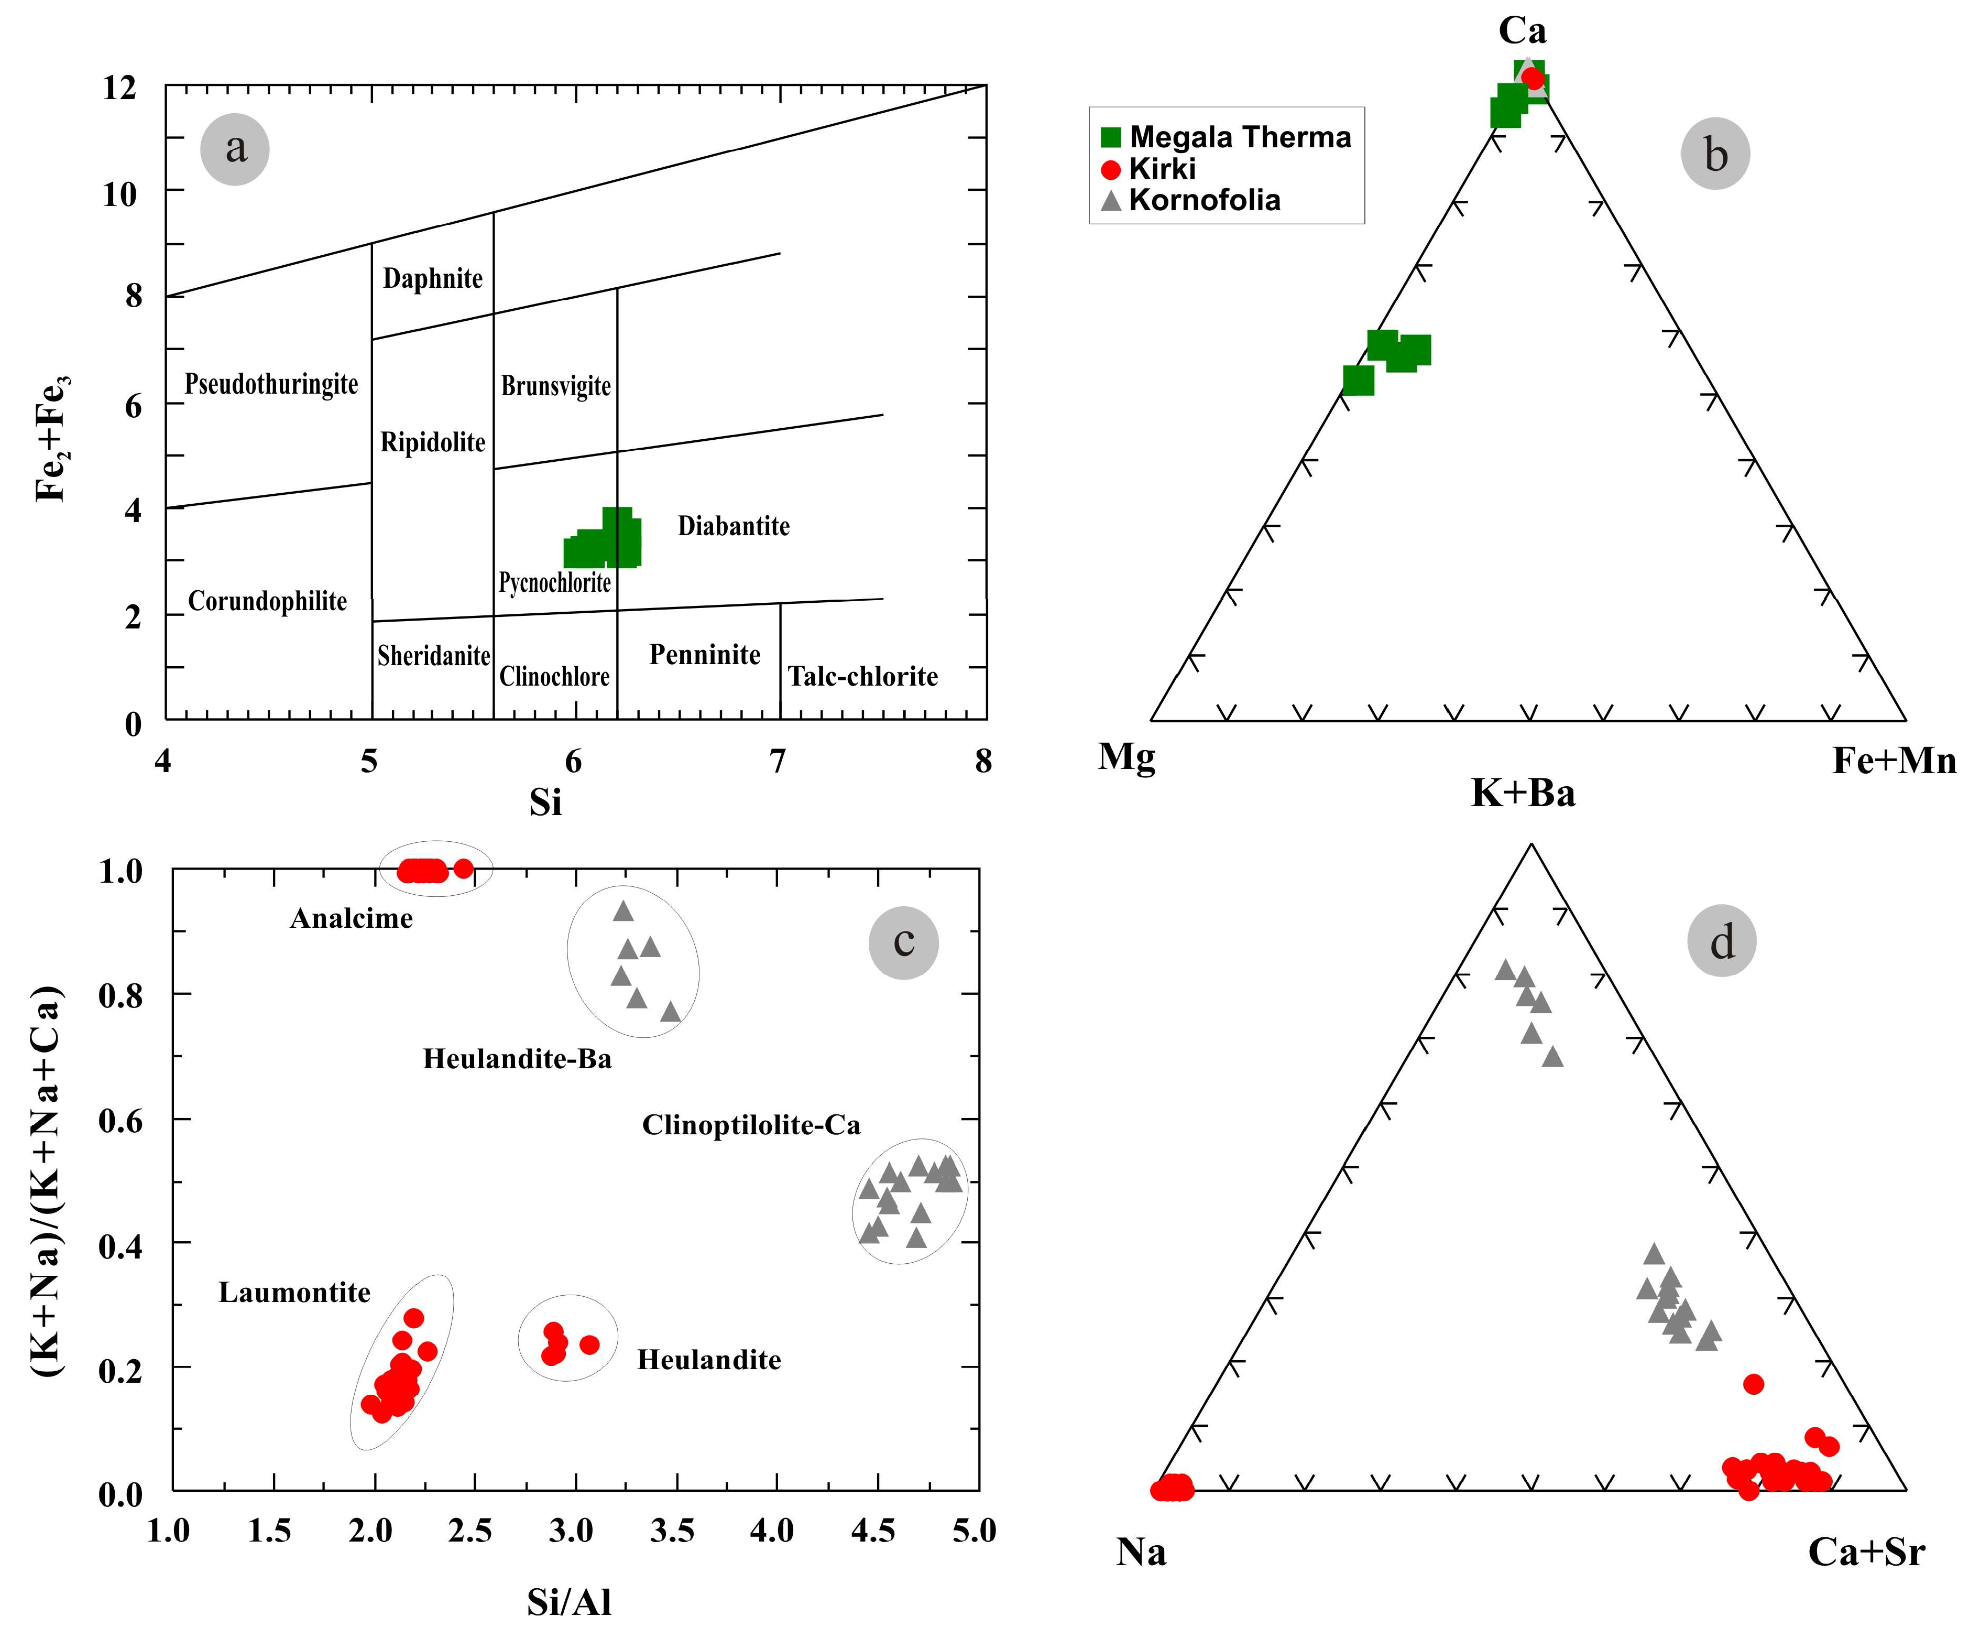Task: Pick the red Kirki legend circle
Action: coord(1111,170)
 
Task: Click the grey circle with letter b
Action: coord(1715,154)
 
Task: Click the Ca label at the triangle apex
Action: coord(1522,31)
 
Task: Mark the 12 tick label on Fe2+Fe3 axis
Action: coord(120,88)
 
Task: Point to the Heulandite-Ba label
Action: coord(517,1059)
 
